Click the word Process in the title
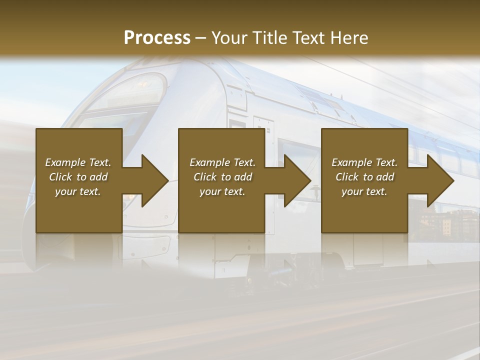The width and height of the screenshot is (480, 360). pyautogui.click(x=157, y=38)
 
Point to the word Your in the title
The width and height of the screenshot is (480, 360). pyautogui.click(x=228, y=38)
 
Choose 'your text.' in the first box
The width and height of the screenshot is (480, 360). pyautogui.click(x=78, y=191)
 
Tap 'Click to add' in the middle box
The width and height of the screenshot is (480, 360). pyautogui.click(x=222, y=177)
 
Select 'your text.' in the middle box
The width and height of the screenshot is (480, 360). pyautogui.click(x=222, y=191)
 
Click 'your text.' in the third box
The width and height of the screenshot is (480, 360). pyautogui.click(x=364, y=191)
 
